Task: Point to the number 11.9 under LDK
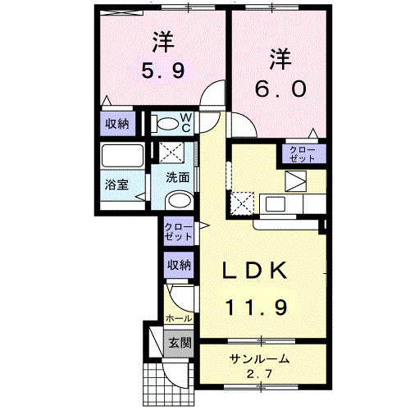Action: tap(256, 307)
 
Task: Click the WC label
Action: tap(185, 122)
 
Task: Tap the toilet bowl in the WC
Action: tap(167, 124)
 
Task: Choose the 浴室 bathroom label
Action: tap(116, 184)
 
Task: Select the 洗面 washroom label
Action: tap(178, 177)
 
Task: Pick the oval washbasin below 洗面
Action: tap(177, 202)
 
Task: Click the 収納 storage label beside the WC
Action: tap(116, 124)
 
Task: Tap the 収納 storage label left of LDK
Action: tap(179, 265)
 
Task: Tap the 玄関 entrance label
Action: tap(178, 342)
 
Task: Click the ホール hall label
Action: tap(178, 317)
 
